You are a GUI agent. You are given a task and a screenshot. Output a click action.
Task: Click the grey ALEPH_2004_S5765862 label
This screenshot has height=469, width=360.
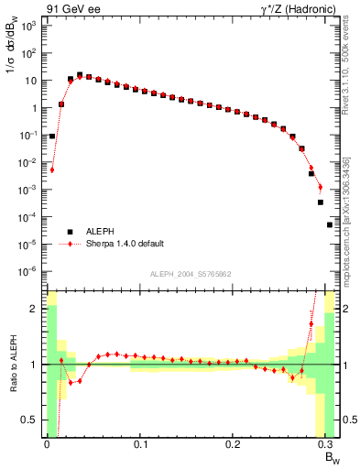point(190,274)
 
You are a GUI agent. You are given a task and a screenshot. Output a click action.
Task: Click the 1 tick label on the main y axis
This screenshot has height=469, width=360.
point(33,108)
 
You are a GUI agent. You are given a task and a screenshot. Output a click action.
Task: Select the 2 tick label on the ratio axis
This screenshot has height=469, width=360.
point(33,309)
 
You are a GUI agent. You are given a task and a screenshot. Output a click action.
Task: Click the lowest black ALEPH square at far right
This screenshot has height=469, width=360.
point(330,224)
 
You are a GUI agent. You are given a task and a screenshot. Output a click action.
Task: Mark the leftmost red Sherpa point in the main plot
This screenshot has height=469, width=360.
point(52,169)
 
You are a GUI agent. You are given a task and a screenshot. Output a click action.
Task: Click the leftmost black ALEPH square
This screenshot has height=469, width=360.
point(52,136)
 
